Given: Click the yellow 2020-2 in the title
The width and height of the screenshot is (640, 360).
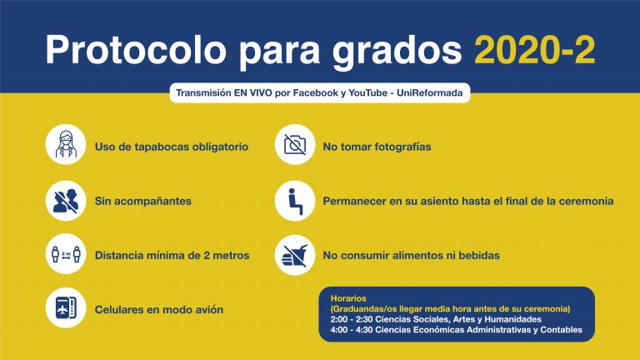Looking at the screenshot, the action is click(x=534, y=50).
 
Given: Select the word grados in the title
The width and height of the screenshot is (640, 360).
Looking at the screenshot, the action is click(x=397, y=52).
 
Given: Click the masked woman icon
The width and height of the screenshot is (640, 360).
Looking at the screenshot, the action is click(x=66, y=144).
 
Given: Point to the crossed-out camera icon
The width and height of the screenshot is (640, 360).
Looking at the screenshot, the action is click(x=295, y=144).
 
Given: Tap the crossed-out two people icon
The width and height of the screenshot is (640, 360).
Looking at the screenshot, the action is click(x=66, y=201).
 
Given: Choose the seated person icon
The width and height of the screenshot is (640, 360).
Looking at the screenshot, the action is click(x=295, y=201).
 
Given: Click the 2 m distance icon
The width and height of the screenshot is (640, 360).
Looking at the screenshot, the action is click(x=66, y=254).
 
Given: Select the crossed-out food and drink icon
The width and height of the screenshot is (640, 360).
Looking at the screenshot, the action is click(x=295, y=255).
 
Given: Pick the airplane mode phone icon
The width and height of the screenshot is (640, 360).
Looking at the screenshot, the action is click(x=66, y=307).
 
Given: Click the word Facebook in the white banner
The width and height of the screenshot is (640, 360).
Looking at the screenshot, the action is click(x=316, y=93).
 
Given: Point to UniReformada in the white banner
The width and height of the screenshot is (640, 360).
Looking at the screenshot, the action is click(x=430, y=93).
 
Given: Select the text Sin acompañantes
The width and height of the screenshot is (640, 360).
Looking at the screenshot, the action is click(x=142, y=201).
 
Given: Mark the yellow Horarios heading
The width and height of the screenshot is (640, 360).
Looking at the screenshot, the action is click(x=348, y=298).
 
